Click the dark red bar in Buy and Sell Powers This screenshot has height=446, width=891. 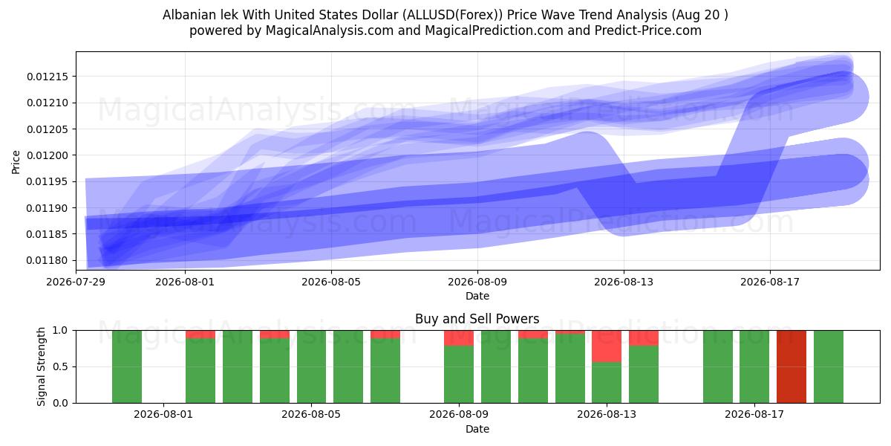(792, 366)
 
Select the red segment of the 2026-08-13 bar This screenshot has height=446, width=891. (607, 346)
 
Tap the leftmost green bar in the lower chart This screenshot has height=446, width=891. (127, 366)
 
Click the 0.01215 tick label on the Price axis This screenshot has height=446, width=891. (48, 77)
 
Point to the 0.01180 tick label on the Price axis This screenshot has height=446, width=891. (48, 260)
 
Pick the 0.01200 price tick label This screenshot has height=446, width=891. (48, 155)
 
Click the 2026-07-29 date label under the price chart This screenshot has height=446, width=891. (76, 282)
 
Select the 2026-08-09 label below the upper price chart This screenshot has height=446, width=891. (477, 282)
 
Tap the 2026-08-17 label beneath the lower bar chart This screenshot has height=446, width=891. (754, 415)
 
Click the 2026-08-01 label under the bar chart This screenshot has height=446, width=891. (163, 415)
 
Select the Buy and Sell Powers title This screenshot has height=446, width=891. (477, 319)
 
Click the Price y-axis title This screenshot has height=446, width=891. (16, 162)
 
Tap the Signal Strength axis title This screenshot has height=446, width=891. (41, 366)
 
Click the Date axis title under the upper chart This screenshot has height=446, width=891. (477, 296)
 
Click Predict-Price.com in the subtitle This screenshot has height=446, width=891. (648, 30)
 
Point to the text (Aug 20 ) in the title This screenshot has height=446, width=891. (700, 15)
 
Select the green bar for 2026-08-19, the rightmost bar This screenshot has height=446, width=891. (829, 366)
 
